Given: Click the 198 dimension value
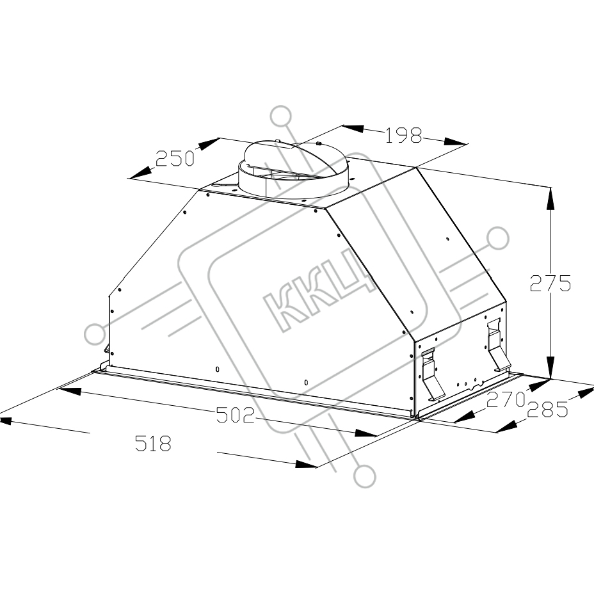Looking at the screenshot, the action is (x=403, y=135).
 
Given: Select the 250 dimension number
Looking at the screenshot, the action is (x=175, y=158).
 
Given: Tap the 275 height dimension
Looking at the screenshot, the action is (x=550, y=283).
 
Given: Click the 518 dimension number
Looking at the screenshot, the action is (x=153, y=443).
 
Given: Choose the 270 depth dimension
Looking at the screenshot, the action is (x=506, y=399).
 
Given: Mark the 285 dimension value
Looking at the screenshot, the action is (x=547, y=409).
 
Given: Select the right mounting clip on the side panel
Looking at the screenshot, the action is (x=498, y=346).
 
